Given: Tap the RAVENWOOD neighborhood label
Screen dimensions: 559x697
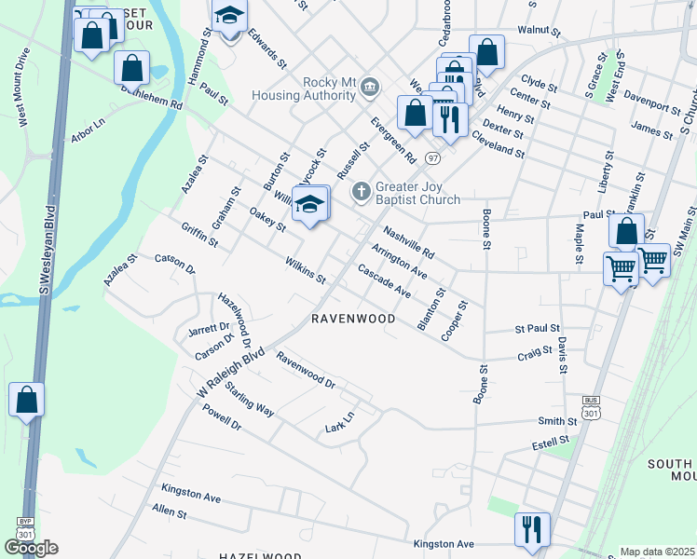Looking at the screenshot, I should [x=352, y=319].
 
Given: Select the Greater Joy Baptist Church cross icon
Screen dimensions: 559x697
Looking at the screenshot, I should [x=362, y=192].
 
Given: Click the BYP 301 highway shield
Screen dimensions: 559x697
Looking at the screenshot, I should [x=20, y=528].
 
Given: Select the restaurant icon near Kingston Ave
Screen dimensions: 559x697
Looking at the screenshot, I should [x=532, y=529].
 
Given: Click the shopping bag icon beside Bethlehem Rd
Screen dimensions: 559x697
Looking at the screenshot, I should [x=132, y=67].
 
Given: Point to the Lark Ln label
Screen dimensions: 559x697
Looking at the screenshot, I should [x=340, y=422].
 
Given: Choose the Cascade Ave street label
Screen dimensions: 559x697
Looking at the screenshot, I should [x=385, y=280].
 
